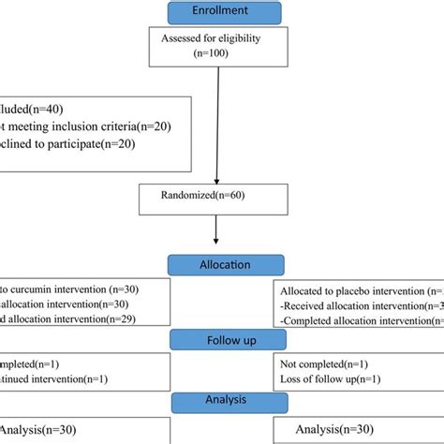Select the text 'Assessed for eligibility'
click(217, 40)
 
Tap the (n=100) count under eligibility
click(217, 54)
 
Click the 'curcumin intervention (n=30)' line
click(70, 289)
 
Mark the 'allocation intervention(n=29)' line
click(70, 320)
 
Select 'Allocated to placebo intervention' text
click(356, 289)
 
